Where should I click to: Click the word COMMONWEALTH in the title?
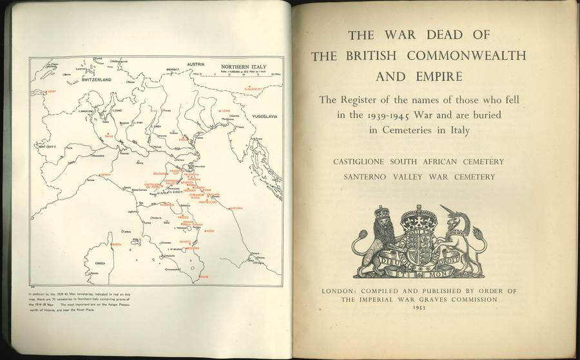[452, 55]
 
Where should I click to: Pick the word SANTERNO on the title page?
[374, 176]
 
